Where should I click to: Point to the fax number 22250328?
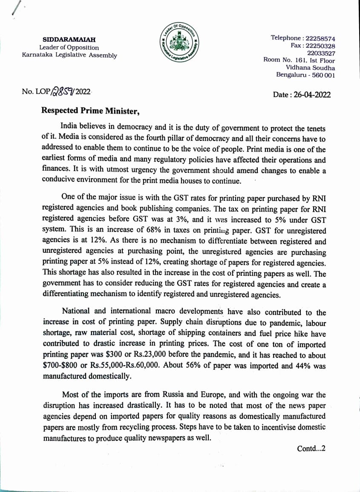click(x=319, y=46)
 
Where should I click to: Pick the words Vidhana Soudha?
click(x=310, y=68)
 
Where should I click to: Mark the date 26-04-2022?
click(x=312, y=94)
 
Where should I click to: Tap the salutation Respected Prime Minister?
click(x=90, y=111)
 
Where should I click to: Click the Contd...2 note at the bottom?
click(x=311, y=448)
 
